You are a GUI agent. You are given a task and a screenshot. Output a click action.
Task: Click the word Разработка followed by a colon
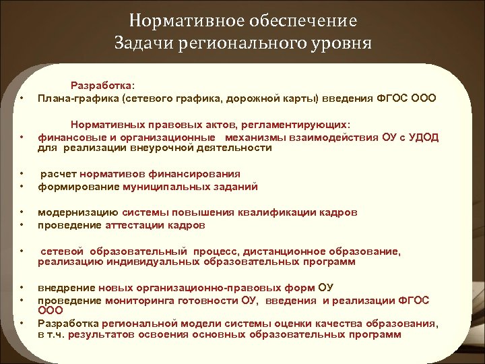click(x=102, y=86)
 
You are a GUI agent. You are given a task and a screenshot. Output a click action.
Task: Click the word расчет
click(x=57, y=175)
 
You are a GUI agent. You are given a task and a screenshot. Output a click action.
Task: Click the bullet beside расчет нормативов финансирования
click(x=23, y=175)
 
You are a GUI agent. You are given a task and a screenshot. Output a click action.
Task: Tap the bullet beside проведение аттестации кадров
click(x=23, y=224)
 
